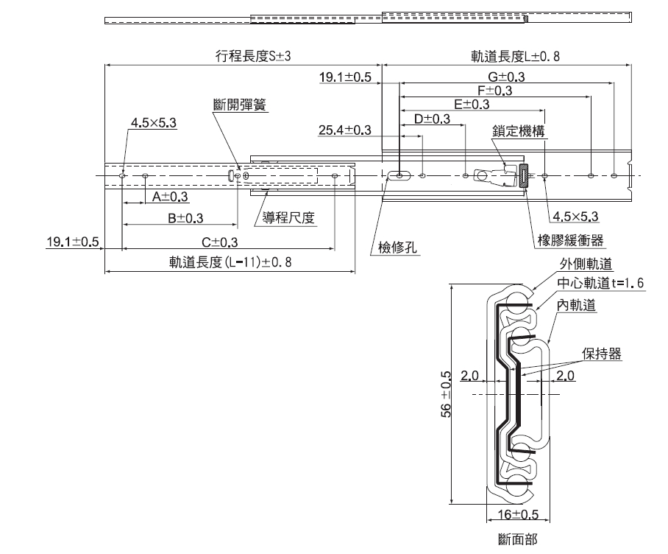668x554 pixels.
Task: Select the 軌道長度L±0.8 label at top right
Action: (516, 56)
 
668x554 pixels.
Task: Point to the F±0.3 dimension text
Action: (494, 91)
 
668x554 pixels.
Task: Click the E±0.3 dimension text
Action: (472, 105)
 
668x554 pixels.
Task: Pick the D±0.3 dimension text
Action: (433, 119)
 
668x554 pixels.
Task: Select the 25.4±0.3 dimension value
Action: (344, 130)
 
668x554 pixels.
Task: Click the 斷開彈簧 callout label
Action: (239, 105)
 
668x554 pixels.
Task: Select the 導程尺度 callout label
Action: (289, 217)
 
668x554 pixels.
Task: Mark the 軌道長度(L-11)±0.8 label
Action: (230, 263)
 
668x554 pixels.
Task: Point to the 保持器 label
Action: (601, 354)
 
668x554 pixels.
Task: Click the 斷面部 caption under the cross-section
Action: (517, 539)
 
